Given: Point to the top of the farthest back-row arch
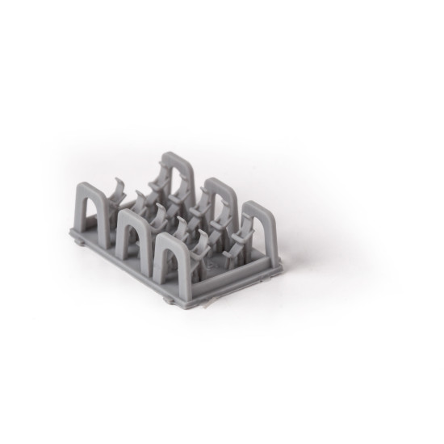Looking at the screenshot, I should tap(178, 156).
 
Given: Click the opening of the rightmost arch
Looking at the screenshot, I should tap(259, 234).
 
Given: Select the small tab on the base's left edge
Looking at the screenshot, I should tap(74, 239).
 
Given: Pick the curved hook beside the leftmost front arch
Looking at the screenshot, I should tap(119, 190).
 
